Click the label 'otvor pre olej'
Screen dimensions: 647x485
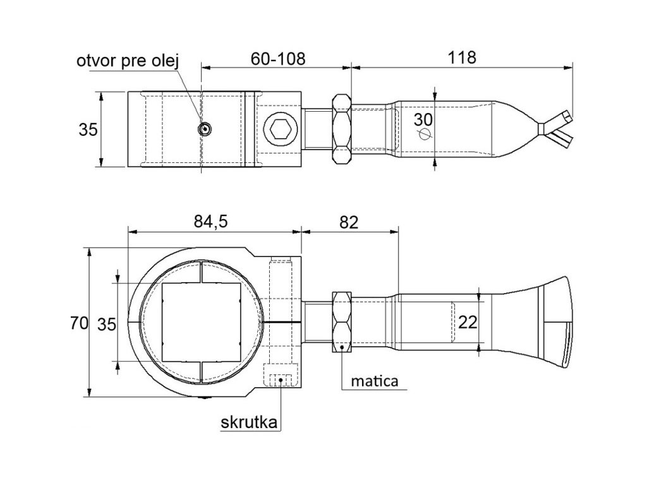tap(129, 61)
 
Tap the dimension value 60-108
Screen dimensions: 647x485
tap(278, 59)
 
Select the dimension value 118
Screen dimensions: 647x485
tap(461, 57)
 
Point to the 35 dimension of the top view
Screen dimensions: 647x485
tap(88, 129)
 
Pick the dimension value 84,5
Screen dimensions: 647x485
tap(210, 222)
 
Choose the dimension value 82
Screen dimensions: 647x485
tap(348, 222)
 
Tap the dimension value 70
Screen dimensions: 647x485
tap(78, 324)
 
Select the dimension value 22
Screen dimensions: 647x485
tap(468, 322)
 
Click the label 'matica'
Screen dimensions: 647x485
tap(375, 381)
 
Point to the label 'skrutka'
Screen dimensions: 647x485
tap(250, 422)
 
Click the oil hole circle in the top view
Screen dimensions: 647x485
tap(204, 129)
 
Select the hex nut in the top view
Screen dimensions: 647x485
tap(341, 129)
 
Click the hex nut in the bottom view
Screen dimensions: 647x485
tap(342, 321)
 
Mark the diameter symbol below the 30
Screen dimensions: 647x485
tap(424, 134)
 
